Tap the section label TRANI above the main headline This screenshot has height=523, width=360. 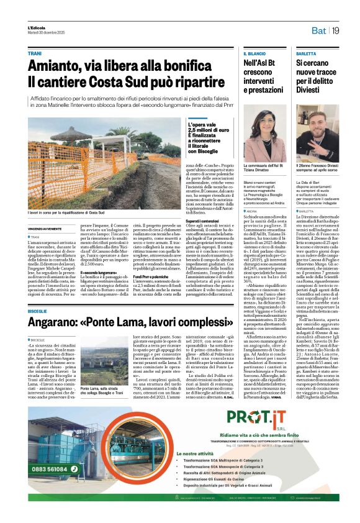[x=35, y=54]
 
